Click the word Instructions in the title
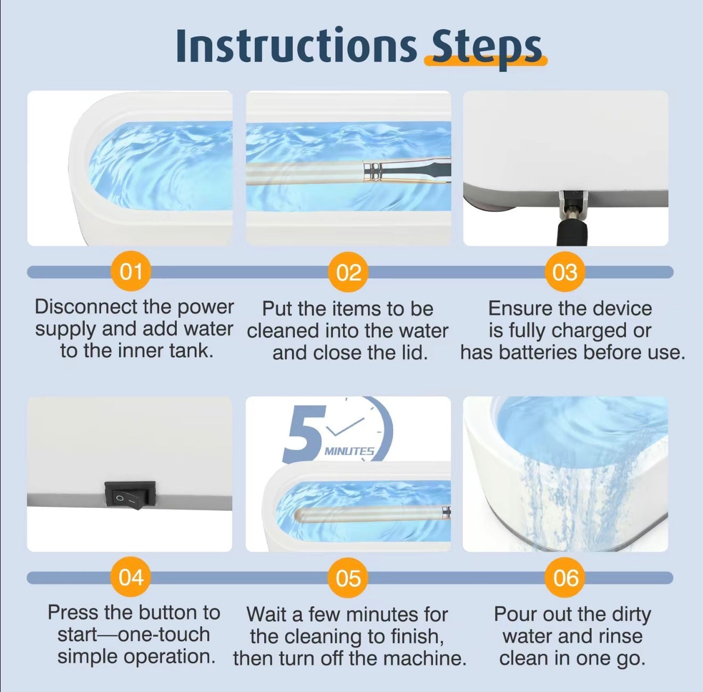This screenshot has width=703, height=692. [296, 47]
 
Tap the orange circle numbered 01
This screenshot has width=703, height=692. [131, 272]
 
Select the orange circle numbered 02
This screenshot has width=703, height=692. [348, 272]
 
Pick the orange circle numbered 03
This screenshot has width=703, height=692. [565, 272]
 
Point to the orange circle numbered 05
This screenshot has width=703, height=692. [348, 578]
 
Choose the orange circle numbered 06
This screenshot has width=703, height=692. [565, 578]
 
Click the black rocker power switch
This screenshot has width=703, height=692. [130, 495]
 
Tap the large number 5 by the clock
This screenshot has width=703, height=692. [305, 433]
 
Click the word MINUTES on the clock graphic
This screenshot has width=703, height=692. [349, 452]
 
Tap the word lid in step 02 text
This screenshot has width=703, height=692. [413, 353]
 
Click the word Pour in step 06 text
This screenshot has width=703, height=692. [515, 614]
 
